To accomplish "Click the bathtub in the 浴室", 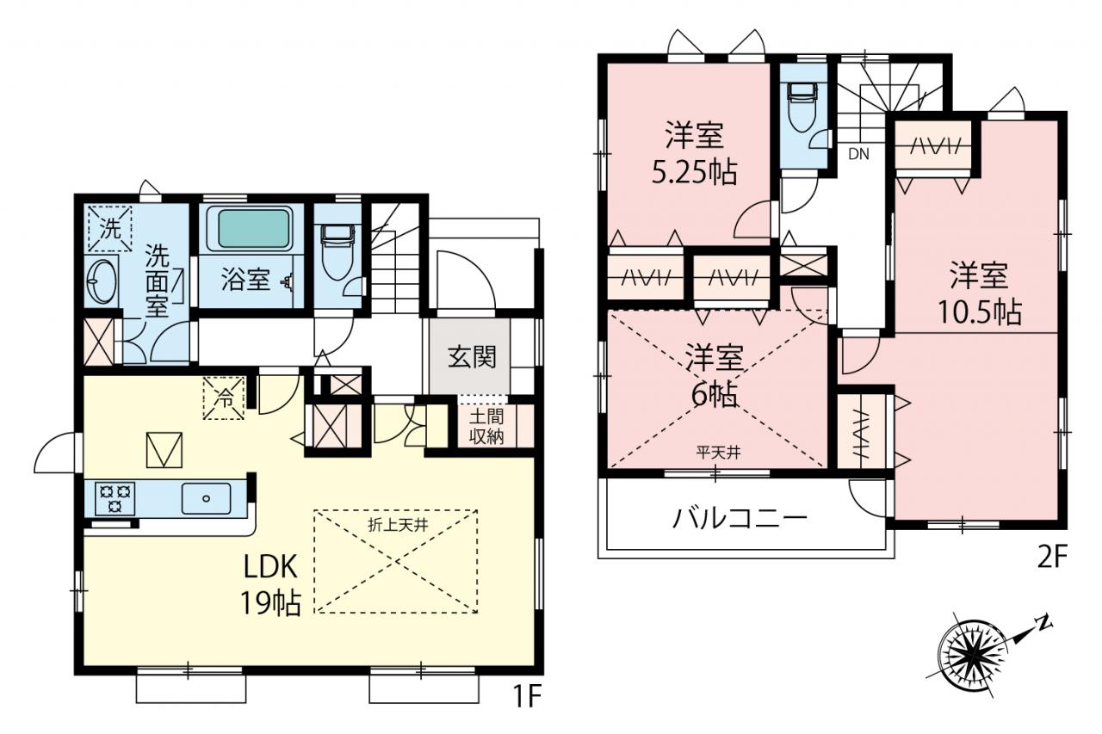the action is click(x=252, y=229).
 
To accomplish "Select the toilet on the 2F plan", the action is click(x=802, y=107).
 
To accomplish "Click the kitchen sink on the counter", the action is click(x=206, y=498).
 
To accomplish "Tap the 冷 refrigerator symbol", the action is click(x=225, y=398).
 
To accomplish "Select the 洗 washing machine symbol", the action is click(x=109, y=229).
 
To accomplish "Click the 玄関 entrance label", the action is click(x=471, y=357).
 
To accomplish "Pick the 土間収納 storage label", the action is click(x=486, y=426).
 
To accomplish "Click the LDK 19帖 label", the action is click(x=270, y=585).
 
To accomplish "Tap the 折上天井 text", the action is click(x=398, y=526).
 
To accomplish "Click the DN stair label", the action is click(x=858, y=154).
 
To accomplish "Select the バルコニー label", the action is click(x=740, y=518).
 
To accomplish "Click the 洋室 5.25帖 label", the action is click(x=694, y=154).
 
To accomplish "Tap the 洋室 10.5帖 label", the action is click(x=980, y=293).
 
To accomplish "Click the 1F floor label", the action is click(x=527, y=696).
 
